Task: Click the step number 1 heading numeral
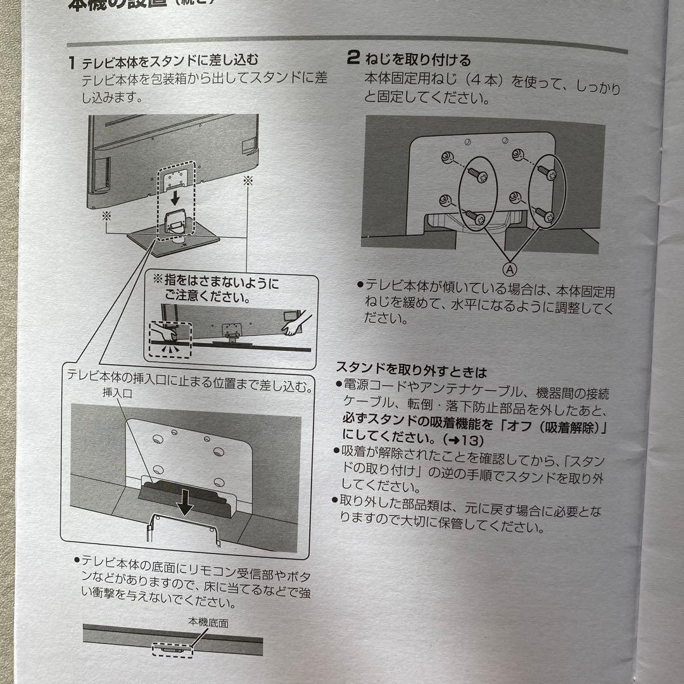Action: (x=73, y=63)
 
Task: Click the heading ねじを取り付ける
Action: (x=417, y=60)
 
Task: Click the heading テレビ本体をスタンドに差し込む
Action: (x=171, y=62)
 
